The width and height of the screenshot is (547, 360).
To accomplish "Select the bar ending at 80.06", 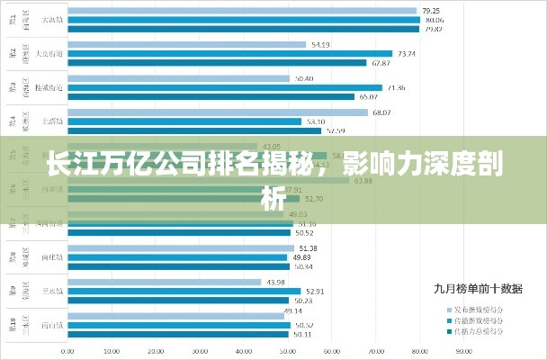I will [243, 19].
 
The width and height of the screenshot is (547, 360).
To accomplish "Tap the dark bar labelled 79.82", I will [243, 28].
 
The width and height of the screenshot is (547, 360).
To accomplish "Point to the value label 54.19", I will [320, 44].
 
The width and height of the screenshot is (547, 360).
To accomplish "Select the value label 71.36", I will [395, 87].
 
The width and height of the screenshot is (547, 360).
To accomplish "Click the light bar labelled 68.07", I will [217, 112].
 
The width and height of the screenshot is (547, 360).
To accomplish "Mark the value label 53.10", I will [316, 121].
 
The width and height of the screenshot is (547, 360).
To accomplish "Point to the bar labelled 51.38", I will [180, 248].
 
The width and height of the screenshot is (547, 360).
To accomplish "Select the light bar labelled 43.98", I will [163, 282].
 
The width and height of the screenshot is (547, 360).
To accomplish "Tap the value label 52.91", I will [315, 291].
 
